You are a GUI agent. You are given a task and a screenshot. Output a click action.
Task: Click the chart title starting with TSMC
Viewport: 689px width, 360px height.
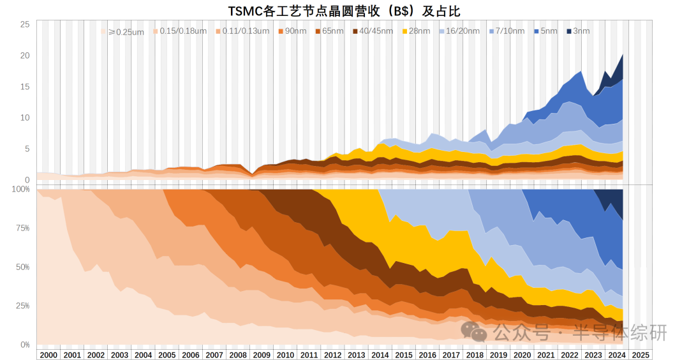tap(344, 10)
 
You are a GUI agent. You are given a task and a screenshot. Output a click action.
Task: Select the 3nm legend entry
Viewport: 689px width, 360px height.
tap(577, 31)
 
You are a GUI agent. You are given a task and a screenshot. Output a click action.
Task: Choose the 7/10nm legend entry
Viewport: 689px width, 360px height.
tap(507, 31)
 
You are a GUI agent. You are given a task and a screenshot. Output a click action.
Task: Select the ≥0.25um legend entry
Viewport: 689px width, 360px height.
tap(126, 31)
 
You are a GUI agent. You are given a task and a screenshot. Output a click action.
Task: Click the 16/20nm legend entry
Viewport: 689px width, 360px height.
tap(459, 31)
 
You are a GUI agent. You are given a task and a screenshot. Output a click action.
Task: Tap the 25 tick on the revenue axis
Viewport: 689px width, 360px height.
tap(25, 24)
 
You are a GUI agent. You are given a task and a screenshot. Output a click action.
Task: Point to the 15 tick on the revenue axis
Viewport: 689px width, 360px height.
tap(25, 86)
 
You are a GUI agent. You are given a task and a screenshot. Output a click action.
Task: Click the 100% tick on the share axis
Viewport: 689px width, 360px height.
tap(21, 189)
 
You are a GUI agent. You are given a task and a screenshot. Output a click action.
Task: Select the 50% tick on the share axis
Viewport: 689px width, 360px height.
tap(22, 266)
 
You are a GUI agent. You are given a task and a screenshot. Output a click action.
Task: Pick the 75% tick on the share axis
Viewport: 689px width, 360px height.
tap(22, 228)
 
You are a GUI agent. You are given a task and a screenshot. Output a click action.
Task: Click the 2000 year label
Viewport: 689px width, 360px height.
tap(48, 355)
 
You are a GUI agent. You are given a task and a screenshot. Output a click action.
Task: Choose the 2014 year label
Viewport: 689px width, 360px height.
tap(380, 355)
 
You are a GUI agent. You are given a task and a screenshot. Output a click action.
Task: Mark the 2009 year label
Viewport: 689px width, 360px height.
tap(262, 355)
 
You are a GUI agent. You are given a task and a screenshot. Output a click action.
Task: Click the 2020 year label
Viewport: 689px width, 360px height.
tap(522, 355)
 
